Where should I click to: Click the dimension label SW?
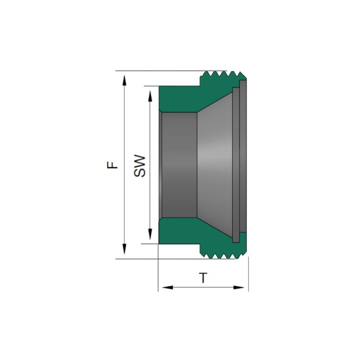[139, 166]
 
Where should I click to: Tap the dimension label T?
[203, 278]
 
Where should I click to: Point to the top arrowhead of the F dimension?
[124, 81]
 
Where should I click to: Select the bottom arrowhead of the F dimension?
[124, 249]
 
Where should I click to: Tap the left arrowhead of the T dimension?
[168, 287]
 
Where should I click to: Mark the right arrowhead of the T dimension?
[238, 287]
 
